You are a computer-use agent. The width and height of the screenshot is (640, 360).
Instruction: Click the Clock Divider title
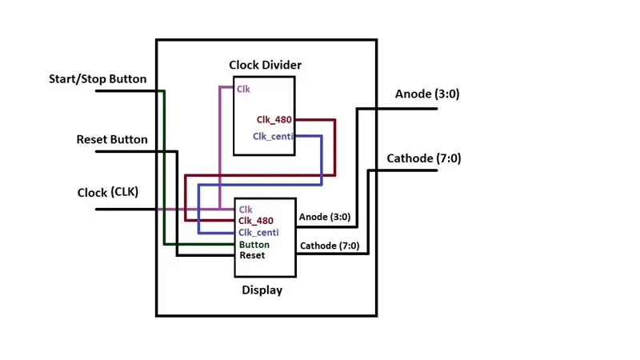(x=266, y=65)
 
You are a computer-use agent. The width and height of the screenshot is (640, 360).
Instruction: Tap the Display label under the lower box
(x=262, y=290)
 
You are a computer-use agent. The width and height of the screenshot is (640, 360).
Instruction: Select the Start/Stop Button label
(x=98, y=78)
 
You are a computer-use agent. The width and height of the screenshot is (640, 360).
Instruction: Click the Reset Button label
(x=112, y=139)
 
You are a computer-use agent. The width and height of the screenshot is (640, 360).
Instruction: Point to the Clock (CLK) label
(x=108, y=192)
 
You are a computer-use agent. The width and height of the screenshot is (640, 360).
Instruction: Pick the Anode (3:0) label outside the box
(x=427, y=94)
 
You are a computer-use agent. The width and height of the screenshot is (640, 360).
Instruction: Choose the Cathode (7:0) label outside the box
(x=424, y=158)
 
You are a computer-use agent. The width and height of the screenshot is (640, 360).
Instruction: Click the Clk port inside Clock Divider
(x=243, y=89)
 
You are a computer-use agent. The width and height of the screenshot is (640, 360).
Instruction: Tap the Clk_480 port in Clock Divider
(x=274, y=119)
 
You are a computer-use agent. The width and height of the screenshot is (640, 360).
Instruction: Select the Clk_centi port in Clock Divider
(x=273, y=136)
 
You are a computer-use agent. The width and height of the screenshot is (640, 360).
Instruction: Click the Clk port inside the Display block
(x=246, y=210)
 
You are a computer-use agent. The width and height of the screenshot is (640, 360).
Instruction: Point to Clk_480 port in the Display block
(x=256, y=221)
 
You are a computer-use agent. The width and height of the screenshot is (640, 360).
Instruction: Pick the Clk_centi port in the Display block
(x=258, y=232)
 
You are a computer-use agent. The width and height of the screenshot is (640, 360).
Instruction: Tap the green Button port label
(x=254, y=245)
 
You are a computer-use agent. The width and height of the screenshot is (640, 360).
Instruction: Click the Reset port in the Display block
(x=252, y=255)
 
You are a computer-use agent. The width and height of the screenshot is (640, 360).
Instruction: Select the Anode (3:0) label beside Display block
(x=325, y=217)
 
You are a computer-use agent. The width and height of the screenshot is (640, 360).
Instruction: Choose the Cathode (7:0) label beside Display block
(x=330, y=246)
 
